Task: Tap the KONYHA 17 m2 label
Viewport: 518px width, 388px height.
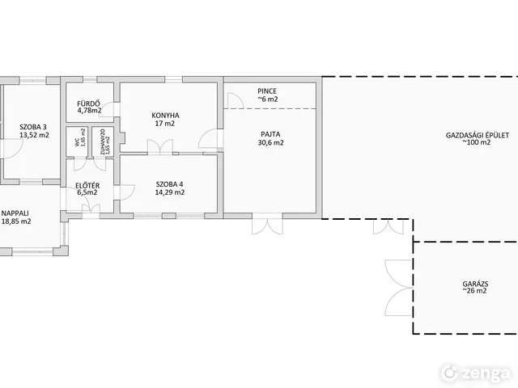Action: point(165,120)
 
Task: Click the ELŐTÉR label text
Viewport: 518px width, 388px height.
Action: point(87,186)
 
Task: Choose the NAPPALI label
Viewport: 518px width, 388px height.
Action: point(15,213)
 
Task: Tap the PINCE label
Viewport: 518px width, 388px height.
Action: point(267,91)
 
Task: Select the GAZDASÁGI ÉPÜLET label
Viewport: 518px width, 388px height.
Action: point(478,135)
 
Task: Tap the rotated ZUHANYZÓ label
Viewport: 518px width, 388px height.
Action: point(103,142)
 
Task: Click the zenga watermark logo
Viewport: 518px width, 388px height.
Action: point(476,373)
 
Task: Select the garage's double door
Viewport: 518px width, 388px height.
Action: point(399,288)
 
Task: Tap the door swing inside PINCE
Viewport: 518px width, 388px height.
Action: point(236,100)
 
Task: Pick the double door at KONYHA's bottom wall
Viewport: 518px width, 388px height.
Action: point(160,147)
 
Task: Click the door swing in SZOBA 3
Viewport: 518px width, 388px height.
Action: point(13,150)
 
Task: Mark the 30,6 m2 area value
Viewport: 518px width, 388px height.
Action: point(270,142)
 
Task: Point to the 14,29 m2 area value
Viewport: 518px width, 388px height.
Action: point(170,192)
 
